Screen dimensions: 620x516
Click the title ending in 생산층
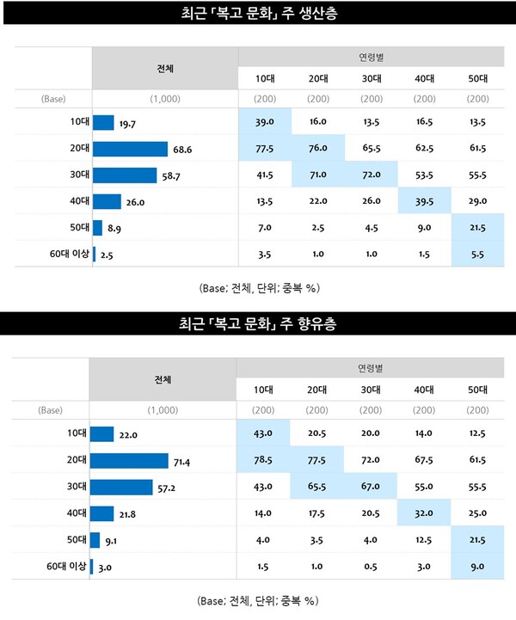coord(258,15)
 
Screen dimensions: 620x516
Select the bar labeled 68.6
coord(130,150)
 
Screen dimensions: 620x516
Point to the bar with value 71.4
coord(129,462)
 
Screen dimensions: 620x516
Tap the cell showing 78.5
coord(264,462)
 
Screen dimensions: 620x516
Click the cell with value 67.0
coord(372,488)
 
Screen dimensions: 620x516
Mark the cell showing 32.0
coord(425,513)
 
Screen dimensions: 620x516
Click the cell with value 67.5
coord(425,462)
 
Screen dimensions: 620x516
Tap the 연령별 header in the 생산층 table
coord(372,56)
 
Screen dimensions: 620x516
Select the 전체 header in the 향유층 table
coord(163,379)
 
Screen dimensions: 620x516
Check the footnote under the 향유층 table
coord(258,599)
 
